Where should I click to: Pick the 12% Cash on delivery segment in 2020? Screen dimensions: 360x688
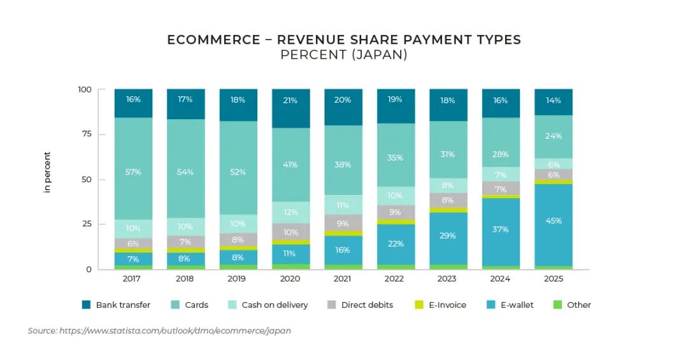pyautogui.click(x=290, y=212)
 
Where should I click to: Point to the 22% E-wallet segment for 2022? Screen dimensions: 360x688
pyautogui.click(x=396, y=244)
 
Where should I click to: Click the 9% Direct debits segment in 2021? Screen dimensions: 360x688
pyautogui.click(x=343, y=223)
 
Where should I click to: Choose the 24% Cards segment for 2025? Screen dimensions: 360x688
pyautogui.click(x=553, y=136)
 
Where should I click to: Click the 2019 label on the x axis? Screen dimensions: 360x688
pyautogui.click(x=238, y=279)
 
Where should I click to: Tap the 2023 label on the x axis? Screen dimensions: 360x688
pyautogui.click(x=448, y=279)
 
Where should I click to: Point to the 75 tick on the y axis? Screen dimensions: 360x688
pyautogui.click(x=85, y=134)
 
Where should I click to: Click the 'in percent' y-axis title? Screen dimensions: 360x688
pyautogui.click(x=47, y=172)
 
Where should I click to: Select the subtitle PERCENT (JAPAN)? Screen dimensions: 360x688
pyautogui.click(x=343, y=55)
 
